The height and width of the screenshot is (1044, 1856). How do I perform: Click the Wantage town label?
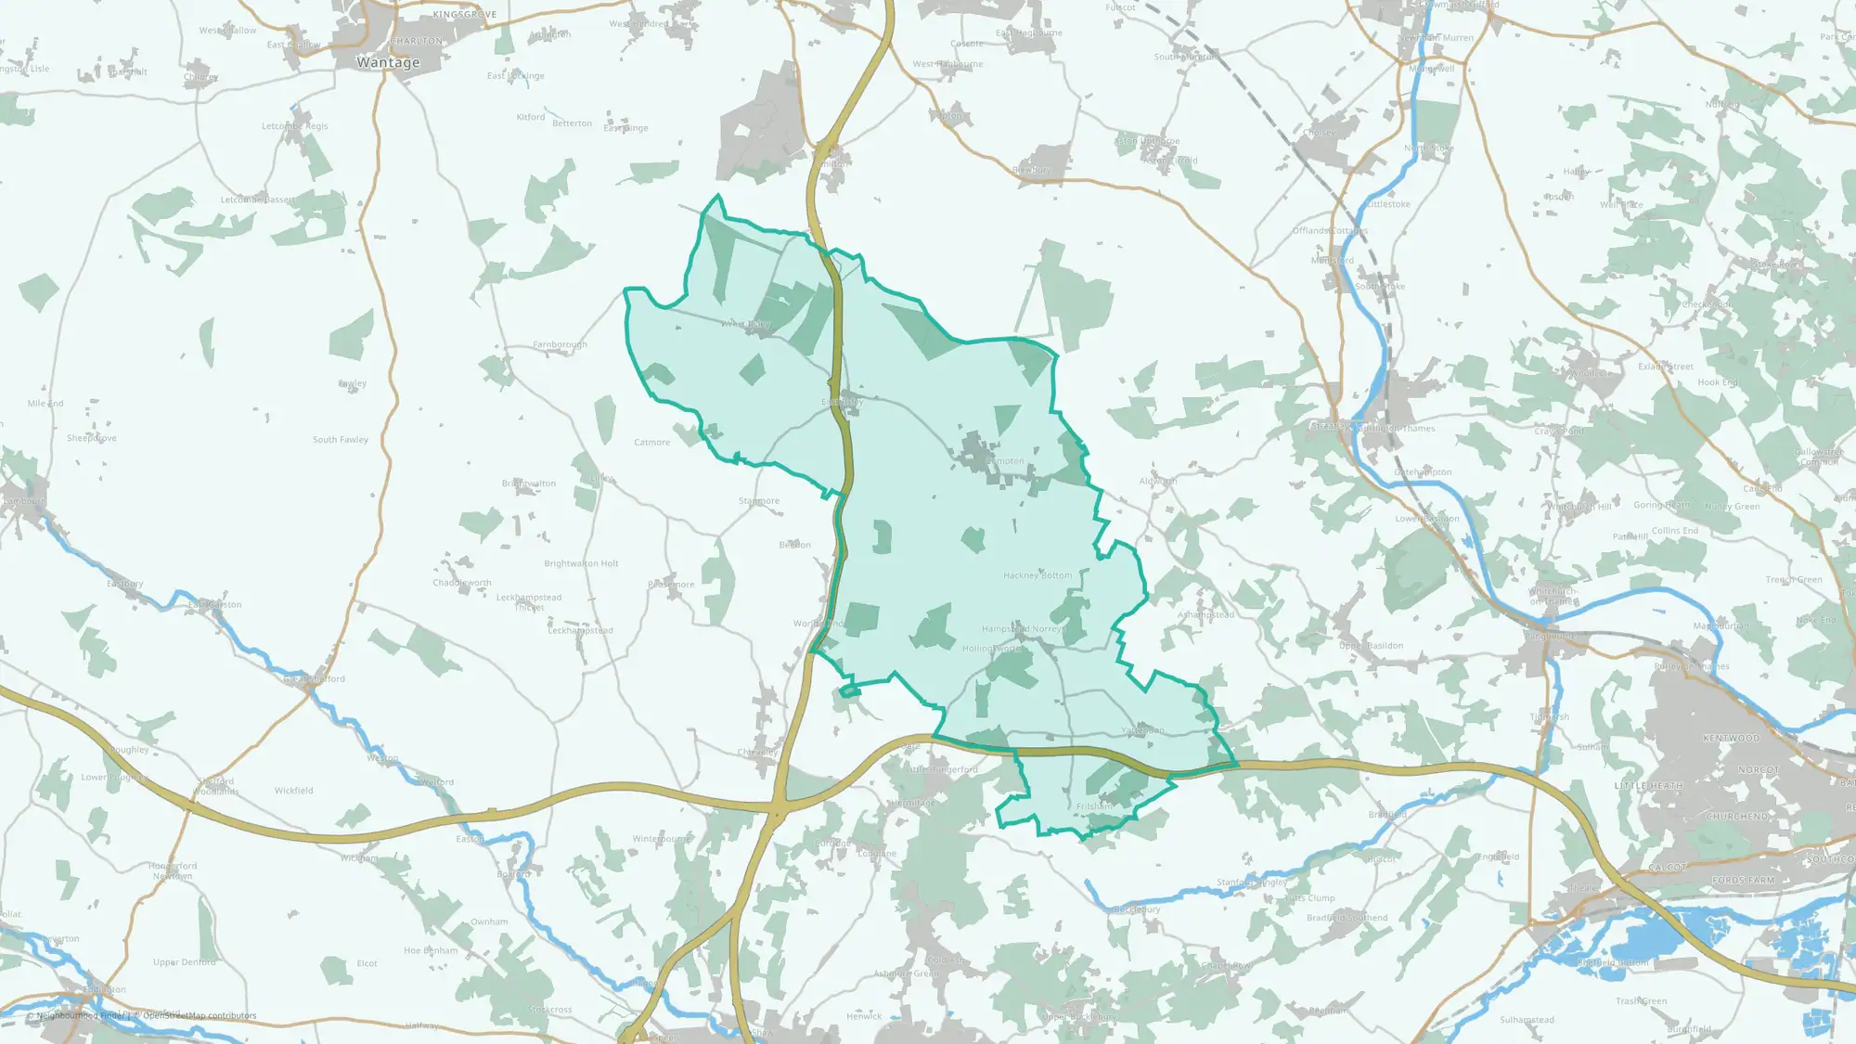[388, 62]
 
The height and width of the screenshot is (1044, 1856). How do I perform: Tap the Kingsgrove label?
[464, 15]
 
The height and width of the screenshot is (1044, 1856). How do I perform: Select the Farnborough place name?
[560, 344]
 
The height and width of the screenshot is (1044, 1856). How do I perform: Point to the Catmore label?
[651, 443]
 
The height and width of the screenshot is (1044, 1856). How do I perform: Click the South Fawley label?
[341, 440]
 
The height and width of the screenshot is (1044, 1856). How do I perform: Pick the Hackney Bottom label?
[1038, 575]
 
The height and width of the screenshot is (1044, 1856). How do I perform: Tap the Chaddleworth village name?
[462, 583]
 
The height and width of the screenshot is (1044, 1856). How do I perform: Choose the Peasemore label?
[671, 585]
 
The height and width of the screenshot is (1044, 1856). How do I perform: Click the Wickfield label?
[293, 791]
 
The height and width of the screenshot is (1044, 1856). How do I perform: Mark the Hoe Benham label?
[431, 950]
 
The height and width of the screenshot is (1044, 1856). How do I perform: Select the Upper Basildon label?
[1371, 646]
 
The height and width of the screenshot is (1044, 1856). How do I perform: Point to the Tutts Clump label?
[1309, 898]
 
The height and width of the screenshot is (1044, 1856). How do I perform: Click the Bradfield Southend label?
[1347, 918]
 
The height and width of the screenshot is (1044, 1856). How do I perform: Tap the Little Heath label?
[1648, 786]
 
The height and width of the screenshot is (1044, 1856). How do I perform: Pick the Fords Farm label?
[1743, 881]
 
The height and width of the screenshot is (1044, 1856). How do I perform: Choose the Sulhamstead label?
[1527, 1020]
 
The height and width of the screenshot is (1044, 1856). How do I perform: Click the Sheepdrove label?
[92, 438]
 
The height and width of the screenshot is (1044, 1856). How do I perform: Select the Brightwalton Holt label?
[581, 563]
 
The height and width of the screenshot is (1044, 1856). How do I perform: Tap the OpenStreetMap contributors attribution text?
[200, 1015]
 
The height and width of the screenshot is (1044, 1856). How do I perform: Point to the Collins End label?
[1675, 531]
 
